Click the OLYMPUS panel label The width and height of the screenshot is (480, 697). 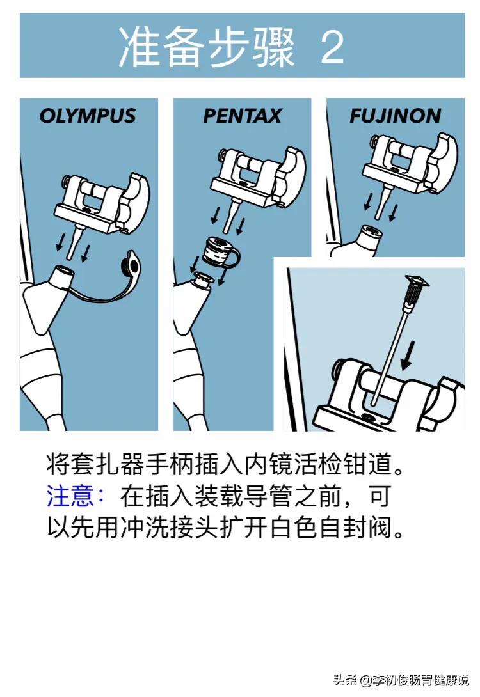pos(88,116)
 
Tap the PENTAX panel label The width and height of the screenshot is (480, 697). pos(242,116)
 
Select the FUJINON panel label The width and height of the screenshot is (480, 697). pos(395,116)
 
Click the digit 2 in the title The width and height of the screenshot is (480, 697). pos(332,47)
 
